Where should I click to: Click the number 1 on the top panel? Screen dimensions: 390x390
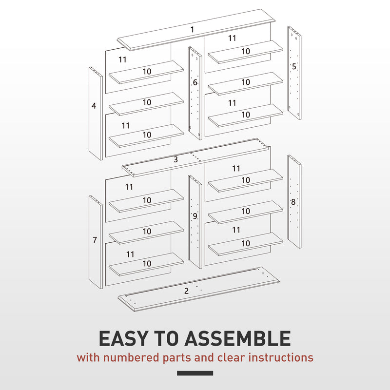192,30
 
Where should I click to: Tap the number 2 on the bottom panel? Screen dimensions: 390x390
186,291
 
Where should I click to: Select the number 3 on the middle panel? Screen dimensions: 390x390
175,159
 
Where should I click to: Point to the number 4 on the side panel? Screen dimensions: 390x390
94,105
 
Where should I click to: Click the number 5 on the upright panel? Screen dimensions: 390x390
294,66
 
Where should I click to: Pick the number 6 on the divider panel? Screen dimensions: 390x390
195,83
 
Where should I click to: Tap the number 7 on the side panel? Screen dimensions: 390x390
95,240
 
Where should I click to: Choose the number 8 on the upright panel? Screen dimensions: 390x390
293,201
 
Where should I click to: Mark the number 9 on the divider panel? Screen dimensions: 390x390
195,216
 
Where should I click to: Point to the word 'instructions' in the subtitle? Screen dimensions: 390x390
281,357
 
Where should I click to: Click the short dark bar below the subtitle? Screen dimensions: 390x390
195,373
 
